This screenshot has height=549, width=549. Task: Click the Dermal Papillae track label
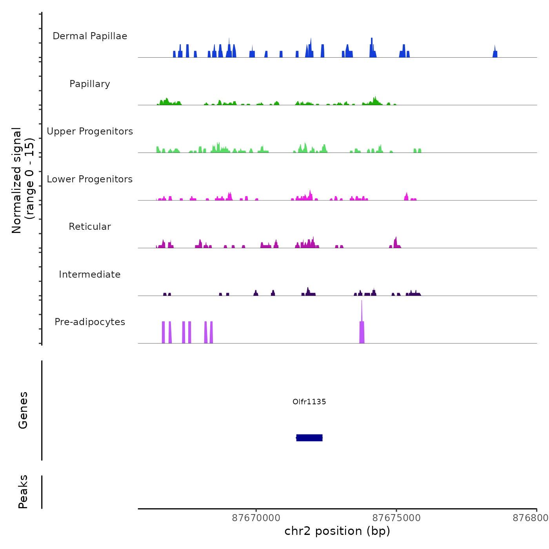point(90,36)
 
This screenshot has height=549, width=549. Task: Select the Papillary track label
point(90,84)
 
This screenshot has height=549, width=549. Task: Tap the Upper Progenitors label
point(90,131)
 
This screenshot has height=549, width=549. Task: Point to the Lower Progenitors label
point(90,179)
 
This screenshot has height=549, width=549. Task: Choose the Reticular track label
point(90,227)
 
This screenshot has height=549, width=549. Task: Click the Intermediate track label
point(90,274)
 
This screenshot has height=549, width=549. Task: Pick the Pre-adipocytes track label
point(90,322)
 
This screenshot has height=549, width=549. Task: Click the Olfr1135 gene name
point(309,402)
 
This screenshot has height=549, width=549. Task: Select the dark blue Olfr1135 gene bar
point(309,438)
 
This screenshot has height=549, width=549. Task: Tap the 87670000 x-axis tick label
point(256,518)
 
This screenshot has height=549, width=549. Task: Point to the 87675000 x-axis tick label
point(396,518)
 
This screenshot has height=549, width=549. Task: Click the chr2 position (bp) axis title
point(337,531)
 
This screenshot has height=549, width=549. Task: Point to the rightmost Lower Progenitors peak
point(407,196)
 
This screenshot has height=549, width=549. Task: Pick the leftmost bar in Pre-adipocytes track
point(164,333)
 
